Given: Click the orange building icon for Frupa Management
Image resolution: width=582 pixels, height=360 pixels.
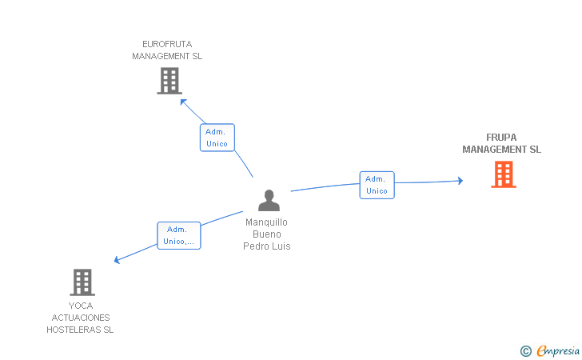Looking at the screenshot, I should pyautogui.click(x=503, y=174).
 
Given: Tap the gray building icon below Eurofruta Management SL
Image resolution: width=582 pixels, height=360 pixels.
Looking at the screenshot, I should pyautogui.click(x=169, y=81).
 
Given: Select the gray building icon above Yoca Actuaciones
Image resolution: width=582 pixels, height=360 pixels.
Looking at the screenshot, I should pyautogui.click(x=82, y=282).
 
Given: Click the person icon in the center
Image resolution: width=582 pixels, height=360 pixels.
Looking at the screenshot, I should pyautogui.click(x=269, y=201).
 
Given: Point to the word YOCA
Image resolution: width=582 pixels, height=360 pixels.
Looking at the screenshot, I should pyautogui.click(x=80, y=306).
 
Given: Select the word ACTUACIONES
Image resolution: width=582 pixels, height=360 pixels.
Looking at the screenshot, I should pyautogui.click(x=80, y=318).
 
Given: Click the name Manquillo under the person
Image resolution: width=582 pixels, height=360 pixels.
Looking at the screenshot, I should pyautogui.click(x=267, y=222).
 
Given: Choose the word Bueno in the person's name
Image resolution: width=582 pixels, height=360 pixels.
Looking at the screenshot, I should pyautogui.click(x=267, y=234).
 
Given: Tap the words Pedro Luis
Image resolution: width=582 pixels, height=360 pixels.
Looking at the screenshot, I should pyautogui.click(x=267, y=246).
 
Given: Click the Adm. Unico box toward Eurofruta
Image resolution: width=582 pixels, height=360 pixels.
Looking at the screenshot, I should pyautogui.click(x=217, y=138).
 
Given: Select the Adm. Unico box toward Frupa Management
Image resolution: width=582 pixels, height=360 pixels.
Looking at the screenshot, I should pyautogui.click(x=377, y=185).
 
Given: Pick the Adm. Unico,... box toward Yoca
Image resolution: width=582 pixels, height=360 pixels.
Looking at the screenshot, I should pyautogui.click(x=178, y=235).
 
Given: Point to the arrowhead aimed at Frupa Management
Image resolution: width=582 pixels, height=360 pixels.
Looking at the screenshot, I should pyautogui.click(x=460, y=181).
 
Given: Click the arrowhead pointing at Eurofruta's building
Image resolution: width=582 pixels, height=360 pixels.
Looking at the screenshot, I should pyautogui.click(x=183, y=102).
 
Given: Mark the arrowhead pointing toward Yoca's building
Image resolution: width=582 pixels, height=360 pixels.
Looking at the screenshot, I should pyautogui.click(x=117, y=260).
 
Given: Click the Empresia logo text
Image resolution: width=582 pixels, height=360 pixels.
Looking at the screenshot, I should pyautogui.click(x=558, y=350).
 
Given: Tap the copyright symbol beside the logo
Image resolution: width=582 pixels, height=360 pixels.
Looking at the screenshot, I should pyautogui.click(x=525, y=350).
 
